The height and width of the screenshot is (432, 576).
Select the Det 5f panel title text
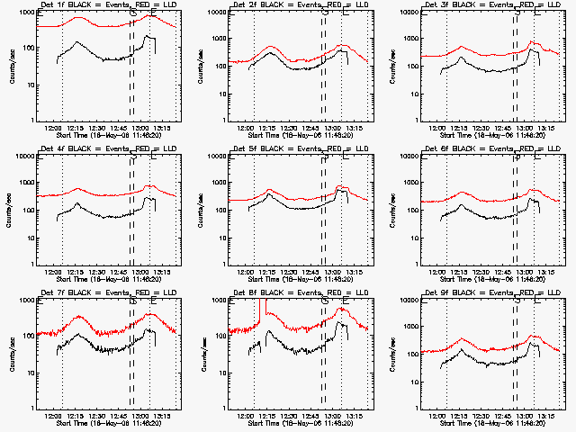[x=299, y=148]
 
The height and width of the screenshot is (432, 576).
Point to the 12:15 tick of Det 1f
[x=77, y=129]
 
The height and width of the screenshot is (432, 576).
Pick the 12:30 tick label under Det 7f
[x=99, y=417]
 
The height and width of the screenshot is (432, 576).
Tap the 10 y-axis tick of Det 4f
[x=26, y=229]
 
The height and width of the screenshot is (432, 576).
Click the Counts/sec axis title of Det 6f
[x=395, y=210]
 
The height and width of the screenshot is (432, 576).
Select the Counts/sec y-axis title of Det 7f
[x=11, y=354]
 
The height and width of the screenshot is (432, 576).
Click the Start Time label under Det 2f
[x=300, y=135]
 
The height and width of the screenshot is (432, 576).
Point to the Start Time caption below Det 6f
[x=491, y=279]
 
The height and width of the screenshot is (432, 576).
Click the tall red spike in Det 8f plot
[x=258, y=310]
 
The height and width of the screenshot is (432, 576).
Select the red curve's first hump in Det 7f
[x=79, y=317]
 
